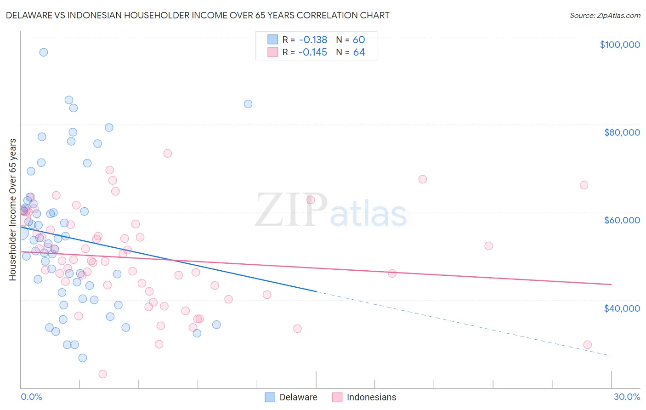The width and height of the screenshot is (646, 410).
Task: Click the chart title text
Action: (198, 15)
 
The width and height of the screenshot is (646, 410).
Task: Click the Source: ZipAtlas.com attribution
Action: (605, 15)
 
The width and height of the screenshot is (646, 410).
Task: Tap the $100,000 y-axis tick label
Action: (620, 45)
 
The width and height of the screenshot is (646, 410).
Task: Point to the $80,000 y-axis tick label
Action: (622, 132)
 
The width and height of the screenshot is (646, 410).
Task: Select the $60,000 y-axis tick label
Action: (622, 220)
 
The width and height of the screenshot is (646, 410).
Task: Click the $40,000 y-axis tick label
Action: (622, 308)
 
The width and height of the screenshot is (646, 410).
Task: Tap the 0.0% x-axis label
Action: (31, 397)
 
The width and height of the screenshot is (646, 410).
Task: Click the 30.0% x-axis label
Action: (627, 397)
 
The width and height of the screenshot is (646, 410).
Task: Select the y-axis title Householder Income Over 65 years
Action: (13, 210)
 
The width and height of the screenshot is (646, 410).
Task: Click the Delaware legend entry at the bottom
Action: (292, 397)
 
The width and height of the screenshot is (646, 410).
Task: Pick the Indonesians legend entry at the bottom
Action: (364, 397)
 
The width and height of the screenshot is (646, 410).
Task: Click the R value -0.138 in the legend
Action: (312, 40)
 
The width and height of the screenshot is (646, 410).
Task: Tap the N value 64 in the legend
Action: (359, 52)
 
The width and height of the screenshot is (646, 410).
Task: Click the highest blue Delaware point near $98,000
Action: (44, 52)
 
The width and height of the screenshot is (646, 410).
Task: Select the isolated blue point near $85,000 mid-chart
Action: (248, 104)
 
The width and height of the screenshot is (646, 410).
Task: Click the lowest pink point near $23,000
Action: (103, 374)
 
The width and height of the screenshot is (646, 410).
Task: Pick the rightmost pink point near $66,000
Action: (584, 185)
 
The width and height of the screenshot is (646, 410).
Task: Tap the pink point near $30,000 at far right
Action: (587, 345)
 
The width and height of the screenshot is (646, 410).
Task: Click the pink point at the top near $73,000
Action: (168, 154)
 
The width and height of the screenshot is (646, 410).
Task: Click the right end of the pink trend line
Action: (611, 285)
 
